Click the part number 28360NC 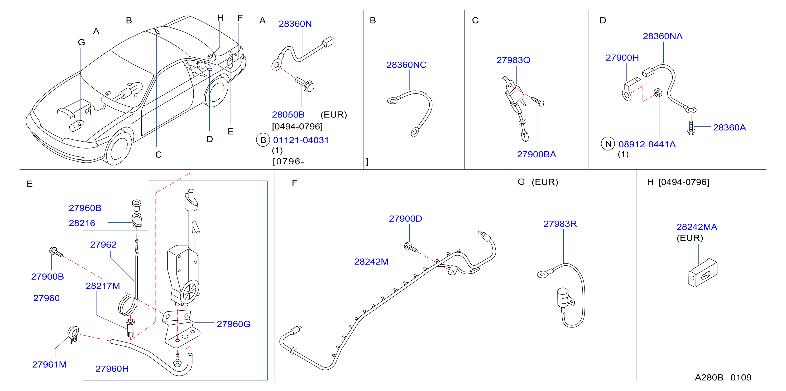click(406, 65)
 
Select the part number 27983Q click(513, 60)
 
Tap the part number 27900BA click(536, 154)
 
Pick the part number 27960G click(233, 324)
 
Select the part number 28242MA click(697, 227)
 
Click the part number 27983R click(560, 224)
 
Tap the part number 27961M click(49, 364)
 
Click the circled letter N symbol click(608, 144)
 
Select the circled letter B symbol click(263, 140)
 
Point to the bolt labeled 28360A click(691, 128)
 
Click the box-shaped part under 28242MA click(703, 273)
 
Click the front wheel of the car click(118, 148)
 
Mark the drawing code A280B click(709, 378)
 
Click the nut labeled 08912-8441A click(658, 93)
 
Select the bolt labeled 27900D click(411, 247)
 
